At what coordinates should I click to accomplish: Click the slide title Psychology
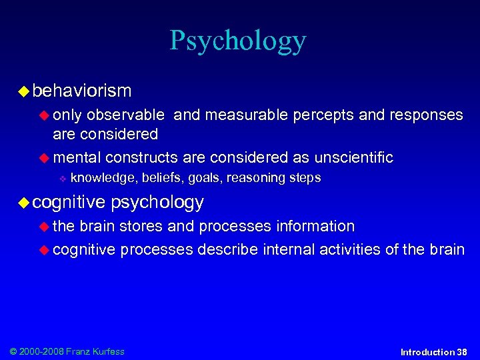coord(237,41)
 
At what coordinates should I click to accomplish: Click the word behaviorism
coord(82,90)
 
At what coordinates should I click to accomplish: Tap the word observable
coord(127,115)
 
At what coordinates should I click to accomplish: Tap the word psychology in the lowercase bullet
coord(157,202)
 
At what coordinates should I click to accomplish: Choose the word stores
coord(141,227)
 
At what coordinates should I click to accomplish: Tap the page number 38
coord(462,352)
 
